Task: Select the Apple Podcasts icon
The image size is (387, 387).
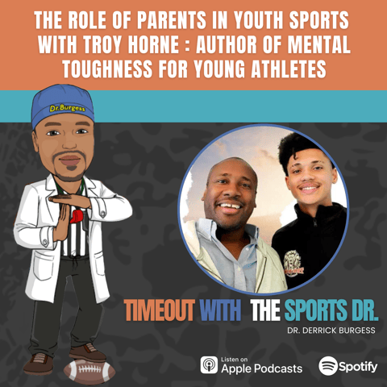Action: click(x=210, y=364)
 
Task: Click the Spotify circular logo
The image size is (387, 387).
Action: click(x=328, y=365)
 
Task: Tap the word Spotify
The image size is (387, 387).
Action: click(x=358, y=366)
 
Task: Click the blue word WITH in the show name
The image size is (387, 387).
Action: click(x=218, y=310)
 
